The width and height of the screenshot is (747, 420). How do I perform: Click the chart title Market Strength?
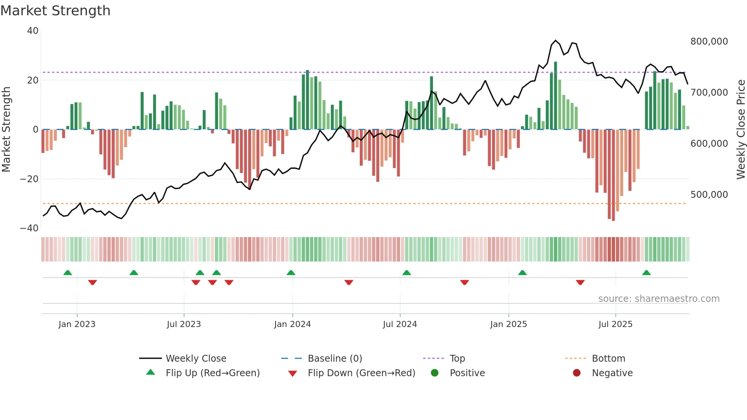tap(55, 11)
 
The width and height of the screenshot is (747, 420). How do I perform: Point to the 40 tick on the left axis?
tap(33, 31)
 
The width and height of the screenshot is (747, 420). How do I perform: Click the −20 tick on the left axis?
tap(29, 179)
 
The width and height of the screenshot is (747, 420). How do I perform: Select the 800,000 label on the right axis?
tap(709, 42)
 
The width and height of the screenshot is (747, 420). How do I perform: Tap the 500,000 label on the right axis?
tap(709, 195)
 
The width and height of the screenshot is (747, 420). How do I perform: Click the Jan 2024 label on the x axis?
tap(292, 324)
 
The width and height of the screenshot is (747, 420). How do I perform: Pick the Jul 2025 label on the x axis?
tap(615, 324)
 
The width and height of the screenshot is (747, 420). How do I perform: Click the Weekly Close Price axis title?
tap(741, 130)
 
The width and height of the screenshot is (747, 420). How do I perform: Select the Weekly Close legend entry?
tap(196, 359)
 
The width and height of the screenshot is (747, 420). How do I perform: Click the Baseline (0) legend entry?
tap(335, 359)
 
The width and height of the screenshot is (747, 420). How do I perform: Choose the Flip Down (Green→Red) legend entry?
tap(361, 373)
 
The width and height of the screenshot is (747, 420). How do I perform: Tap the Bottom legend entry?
tap(608, 359)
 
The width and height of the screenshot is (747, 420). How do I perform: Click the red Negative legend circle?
tap(577, 373)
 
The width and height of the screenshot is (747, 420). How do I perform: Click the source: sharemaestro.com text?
tap(659, 299)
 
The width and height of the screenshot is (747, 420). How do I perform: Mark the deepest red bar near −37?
tap(613, 175)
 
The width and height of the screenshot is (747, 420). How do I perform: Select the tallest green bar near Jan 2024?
tap(308, 100)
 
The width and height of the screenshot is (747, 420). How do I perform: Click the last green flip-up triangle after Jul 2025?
tap(646, 273)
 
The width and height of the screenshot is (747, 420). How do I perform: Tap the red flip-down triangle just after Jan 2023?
tap(93, 282)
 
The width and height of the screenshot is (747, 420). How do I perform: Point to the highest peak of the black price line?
tap(556, 40)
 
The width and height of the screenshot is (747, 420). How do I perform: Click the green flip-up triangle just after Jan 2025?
tap(523, 273)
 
